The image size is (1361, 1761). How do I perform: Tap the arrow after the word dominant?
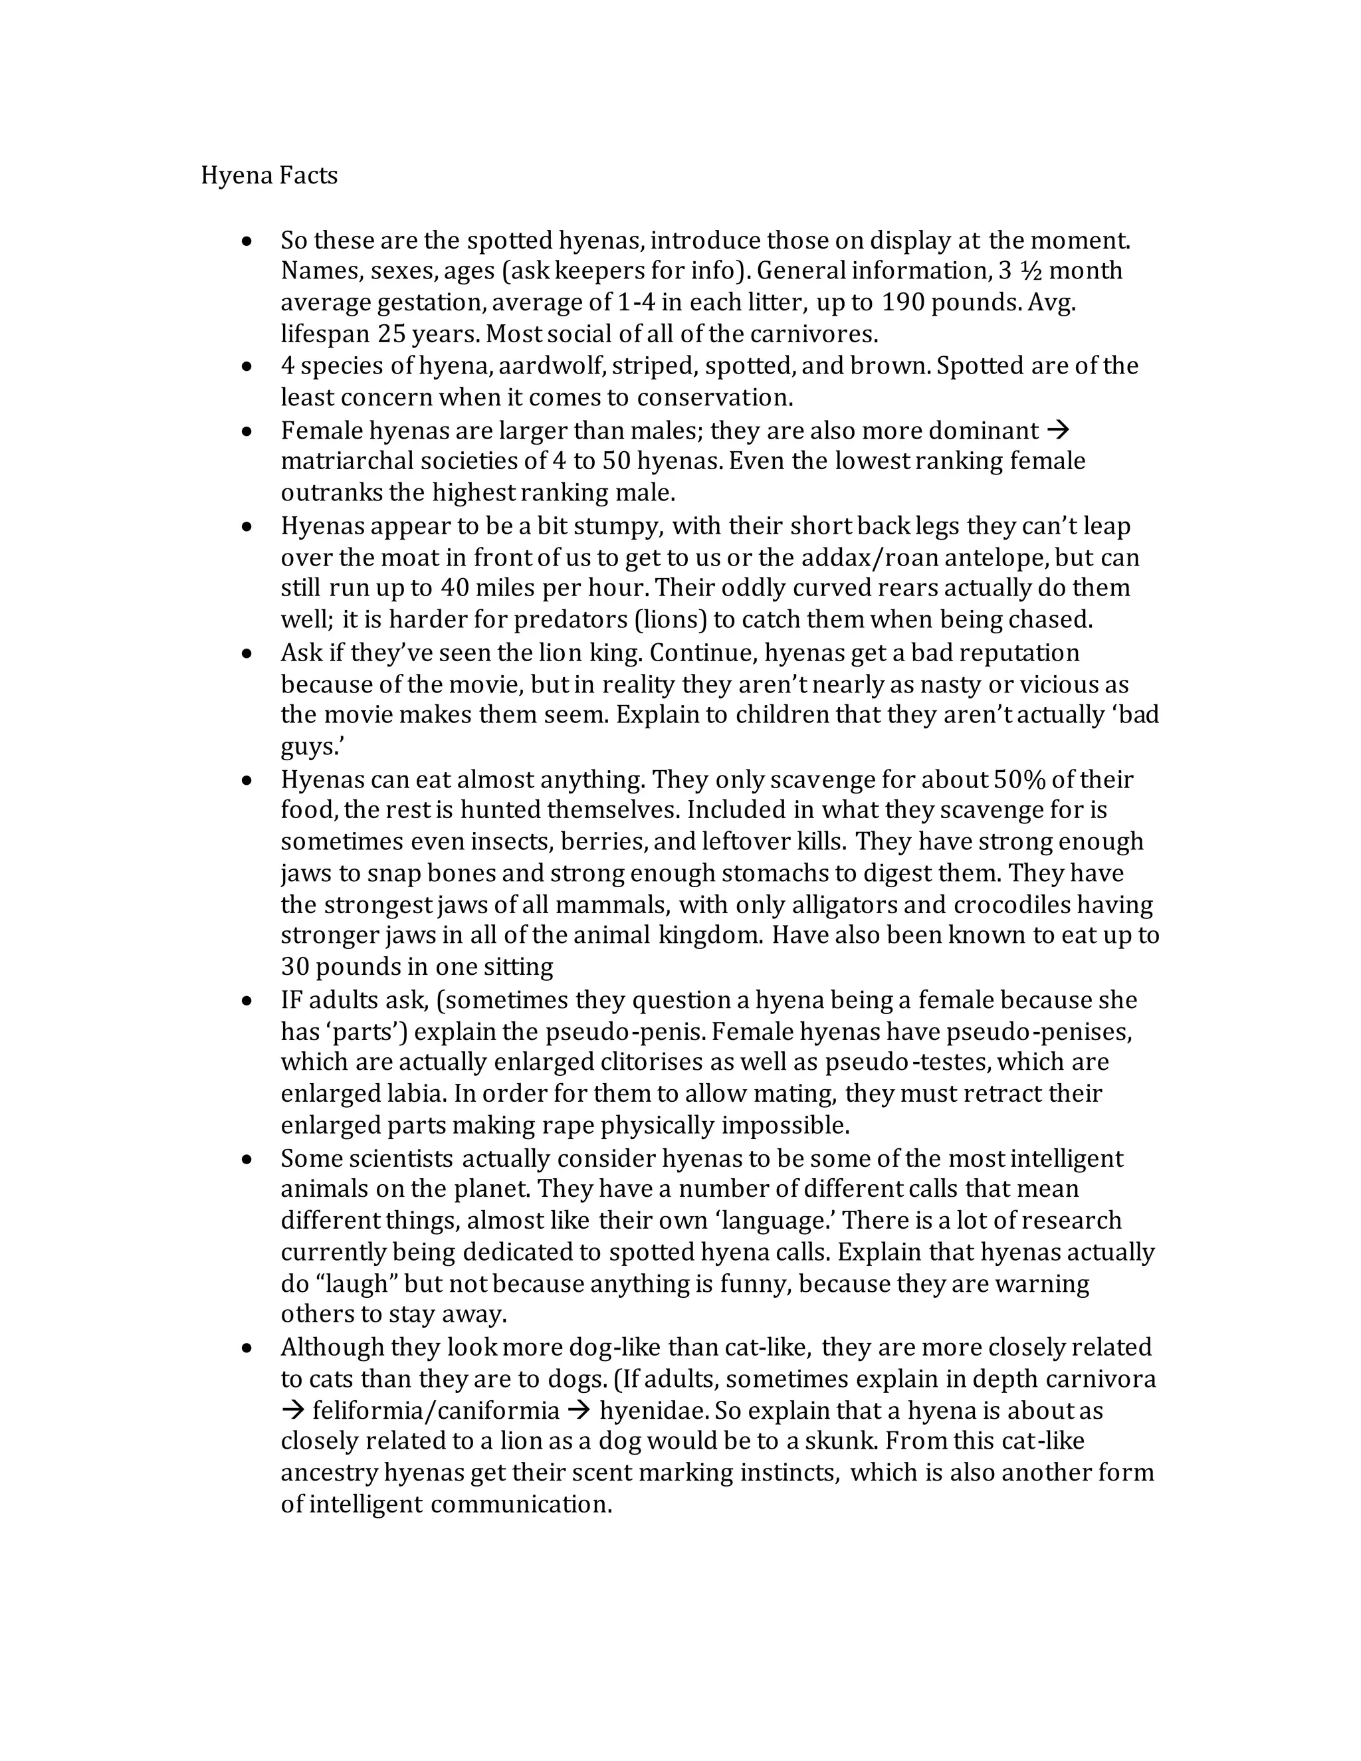click(x=1058, y=430)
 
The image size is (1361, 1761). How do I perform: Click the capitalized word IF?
click(x=291, y=1001)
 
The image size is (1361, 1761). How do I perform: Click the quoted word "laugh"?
click(x=354, y=1284)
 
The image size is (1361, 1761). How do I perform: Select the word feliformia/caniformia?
click(x=435, y=1411)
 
